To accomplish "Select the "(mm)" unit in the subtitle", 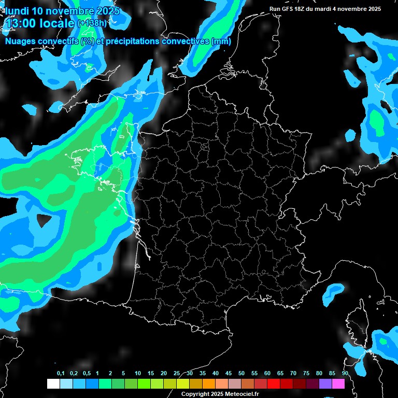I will click(221, 41).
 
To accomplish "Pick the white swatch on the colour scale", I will click(53, 384).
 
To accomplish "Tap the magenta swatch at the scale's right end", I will click(338, 384).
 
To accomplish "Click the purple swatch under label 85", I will click(325, 384).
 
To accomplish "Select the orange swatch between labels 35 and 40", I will click(209, 384).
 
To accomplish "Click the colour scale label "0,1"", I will click(61, 374).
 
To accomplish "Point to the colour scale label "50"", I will click(241, 374).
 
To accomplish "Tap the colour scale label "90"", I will click(345, 374).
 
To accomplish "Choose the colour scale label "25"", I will click(177, 374).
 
